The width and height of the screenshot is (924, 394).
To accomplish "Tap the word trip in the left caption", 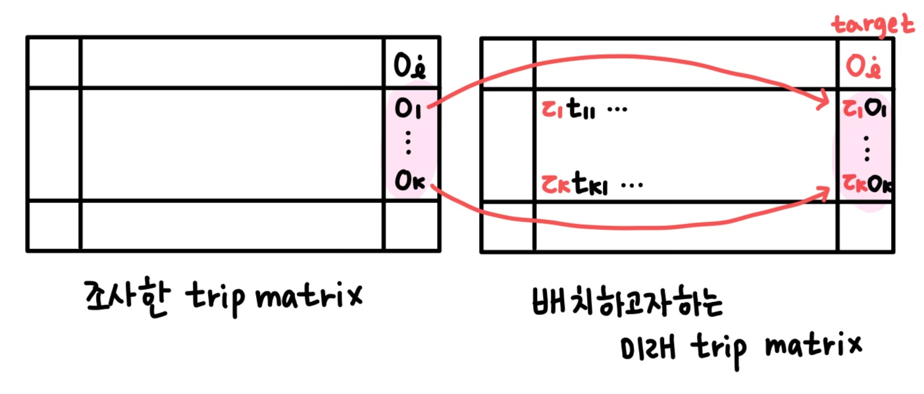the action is (x=209, y=298).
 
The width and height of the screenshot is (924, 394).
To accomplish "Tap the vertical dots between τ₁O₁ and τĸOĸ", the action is (x=866, y=149).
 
